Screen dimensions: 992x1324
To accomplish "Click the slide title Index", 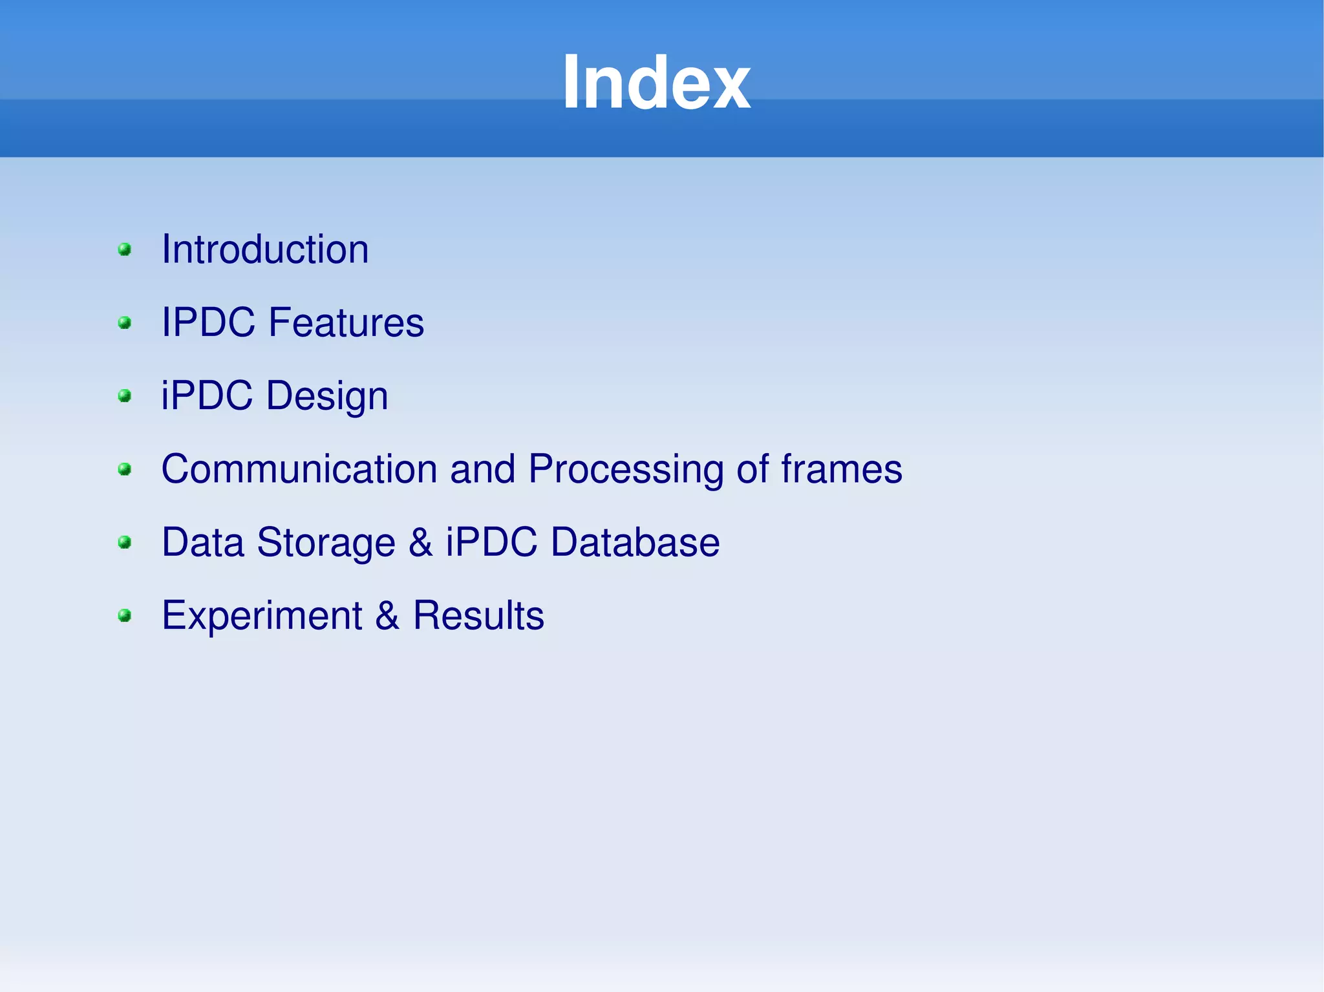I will (x=656, y=83).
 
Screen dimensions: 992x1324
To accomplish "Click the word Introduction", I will (x=265, y=249).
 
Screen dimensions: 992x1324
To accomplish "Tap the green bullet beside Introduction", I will (x=125, y=249).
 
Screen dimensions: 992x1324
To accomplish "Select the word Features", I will (x=346, y=322).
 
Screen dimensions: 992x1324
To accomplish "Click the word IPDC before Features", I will (x=208, y=322).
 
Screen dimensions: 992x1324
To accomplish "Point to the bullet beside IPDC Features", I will (x=125, y=322).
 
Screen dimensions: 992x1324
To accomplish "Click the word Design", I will (x=327, y=396).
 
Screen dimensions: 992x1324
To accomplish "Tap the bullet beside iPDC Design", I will (x=125, y=396).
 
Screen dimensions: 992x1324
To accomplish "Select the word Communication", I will (x=299, y=469).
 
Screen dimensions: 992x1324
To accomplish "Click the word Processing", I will (x=625, y=469).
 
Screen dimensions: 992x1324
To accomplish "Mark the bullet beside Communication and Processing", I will (x=125, y=469).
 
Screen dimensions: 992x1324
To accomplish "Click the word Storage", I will (x=326, y=542).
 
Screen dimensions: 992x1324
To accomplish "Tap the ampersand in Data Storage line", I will (x=420, y=542).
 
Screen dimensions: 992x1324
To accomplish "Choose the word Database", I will (x=635, y=542).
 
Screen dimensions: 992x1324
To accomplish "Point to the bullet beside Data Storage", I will (x=125, y=542).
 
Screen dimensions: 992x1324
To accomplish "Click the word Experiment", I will (x=262, y=615).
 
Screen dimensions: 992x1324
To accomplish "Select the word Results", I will (x=478, y=615).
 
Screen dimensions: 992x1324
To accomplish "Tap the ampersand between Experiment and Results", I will (x=387, y=615).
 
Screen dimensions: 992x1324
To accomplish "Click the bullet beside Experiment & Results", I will (x=125, y=615).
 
